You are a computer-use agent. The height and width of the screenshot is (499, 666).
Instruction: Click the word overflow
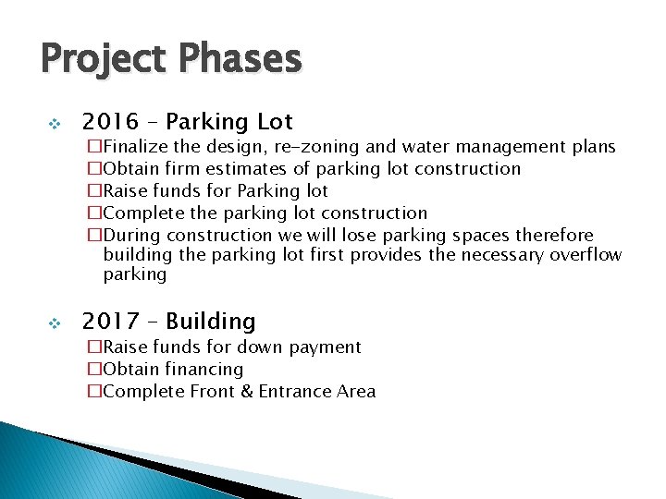(x=585, y=254)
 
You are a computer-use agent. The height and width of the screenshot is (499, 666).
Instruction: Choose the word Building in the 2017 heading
(x=211, y=322)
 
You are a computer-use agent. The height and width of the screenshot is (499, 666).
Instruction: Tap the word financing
(x=203, y=370)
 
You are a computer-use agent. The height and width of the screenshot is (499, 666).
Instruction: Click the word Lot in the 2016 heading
(x=275, y=122)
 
